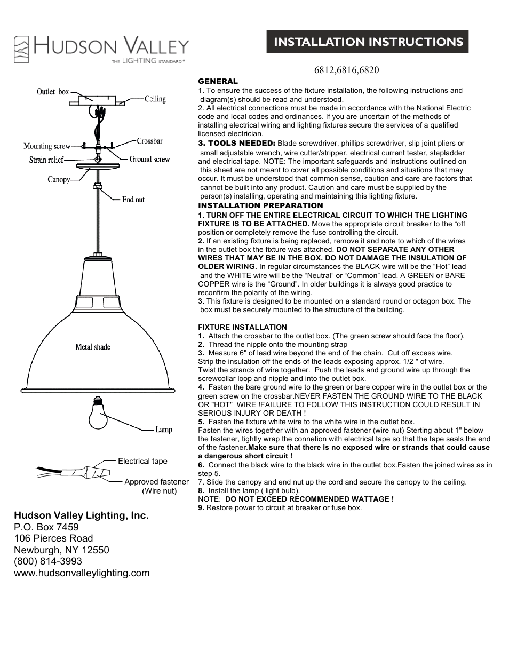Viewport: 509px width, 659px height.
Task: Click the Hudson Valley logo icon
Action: click(x=21, y=50)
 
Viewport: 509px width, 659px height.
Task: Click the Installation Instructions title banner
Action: click(x=368, y=42)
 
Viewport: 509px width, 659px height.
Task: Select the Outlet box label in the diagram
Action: click(x=53, y=92)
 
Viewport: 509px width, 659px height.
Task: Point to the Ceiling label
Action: click(x=155, y=99)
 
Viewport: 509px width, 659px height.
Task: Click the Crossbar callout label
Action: click(x=149, y=141)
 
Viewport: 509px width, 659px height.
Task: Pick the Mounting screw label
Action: click(x=47, y=146)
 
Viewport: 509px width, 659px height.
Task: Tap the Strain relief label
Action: click(x=46, y=160)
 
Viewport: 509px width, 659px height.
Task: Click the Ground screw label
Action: click(x=149, y=159)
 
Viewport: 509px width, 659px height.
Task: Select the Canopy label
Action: click(x=59, y=179)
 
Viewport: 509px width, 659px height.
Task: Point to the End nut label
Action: click(x=133, y=200)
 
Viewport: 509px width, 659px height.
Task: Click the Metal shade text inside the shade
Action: click(x=93, y=347)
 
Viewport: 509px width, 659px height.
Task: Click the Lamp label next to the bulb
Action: click(x=164, y=430)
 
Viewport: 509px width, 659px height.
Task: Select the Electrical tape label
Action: click(x=142, y=461)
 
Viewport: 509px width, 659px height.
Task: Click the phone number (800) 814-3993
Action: click(x=48, y=561)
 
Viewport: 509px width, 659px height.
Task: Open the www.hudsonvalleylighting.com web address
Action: click(x=82, y=573)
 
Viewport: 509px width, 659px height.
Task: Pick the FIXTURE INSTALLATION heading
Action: click(x=242, y=327)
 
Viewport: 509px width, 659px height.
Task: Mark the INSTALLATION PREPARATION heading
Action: click(x=260, y=205)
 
